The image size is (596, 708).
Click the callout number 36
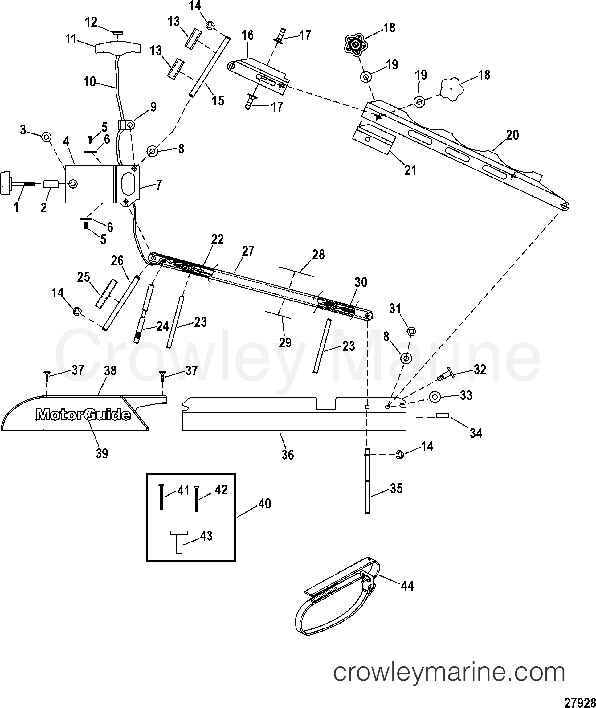288,455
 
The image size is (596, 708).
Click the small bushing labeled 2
51,185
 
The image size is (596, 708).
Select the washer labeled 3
46,137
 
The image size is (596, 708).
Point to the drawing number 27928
581,702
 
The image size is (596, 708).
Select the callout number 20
512,135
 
